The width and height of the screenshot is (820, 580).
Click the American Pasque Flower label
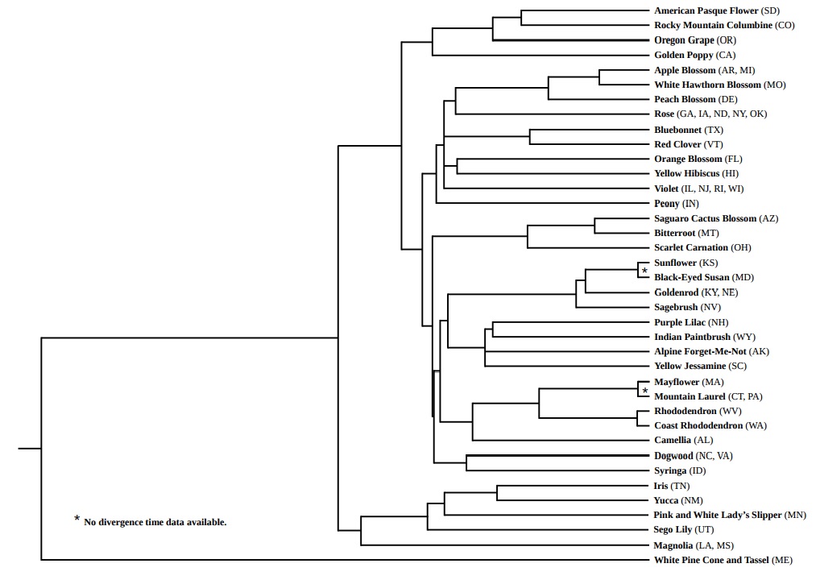pyautogui.click(x=706, y=10)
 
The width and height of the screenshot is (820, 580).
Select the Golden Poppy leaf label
pyautogui.click(x=683, y=55)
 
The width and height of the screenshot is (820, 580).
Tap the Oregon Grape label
pyautogui.click(x=683, y=40)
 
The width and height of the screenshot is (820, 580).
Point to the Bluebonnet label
pyautogui.click(x=677, y=130)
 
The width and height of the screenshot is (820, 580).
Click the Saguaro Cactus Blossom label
pyautogui.click(x=705, y=218)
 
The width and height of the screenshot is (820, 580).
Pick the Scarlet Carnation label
pyautogui.click(x=691, y=247)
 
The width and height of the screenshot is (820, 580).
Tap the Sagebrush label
pyautogui.click(x=676, y=307)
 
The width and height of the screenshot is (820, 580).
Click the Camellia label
pyautogui.click(x=672, y=440)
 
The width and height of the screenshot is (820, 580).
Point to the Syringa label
pyautogui.click(x=670, y=470)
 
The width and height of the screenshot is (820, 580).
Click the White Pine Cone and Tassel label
pyautogui.click(x=711, y=559)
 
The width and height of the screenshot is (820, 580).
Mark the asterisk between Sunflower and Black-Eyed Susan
pyautogui.click(x=644, y=271)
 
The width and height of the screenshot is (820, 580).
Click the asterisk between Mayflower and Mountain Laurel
pyautogui.click(x=644, y=390)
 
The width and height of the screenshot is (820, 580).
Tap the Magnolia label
pyautogui.click(x=677, y=545)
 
